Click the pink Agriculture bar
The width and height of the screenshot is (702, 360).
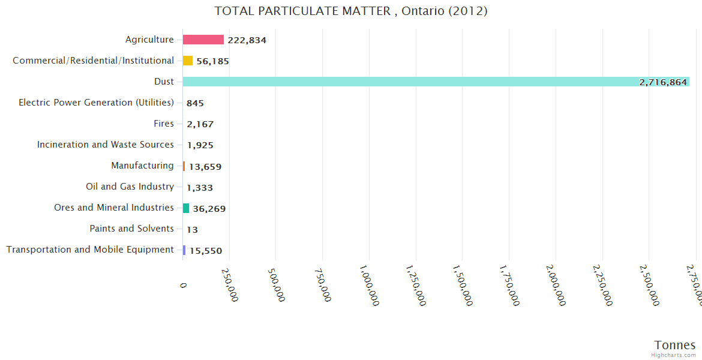tap(203, 40)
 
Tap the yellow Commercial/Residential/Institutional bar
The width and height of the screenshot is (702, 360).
tap(188, 61)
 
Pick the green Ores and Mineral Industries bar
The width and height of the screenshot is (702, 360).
tap(186, 208)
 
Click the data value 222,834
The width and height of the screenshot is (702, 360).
tap(247, 40)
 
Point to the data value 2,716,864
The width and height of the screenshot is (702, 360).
tap(662, 82)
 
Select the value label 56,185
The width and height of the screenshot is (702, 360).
tap(212, 61)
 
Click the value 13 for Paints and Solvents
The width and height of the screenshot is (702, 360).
tap(192, 229)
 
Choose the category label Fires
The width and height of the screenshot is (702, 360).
tap(164, 124)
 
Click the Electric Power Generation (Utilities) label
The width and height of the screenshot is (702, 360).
tap(96, 103)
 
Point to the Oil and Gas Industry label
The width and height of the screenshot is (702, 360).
tap(130, 187)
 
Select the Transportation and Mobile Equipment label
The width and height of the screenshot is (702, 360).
tap(90, 250)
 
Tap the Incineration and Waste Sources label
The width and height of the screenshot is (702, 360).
tap(105, 145)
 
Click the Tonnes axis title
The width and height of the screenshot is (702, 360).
tap(674, 345)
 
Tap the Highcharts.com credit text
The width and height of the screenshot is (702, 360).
tap(673, 355)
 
